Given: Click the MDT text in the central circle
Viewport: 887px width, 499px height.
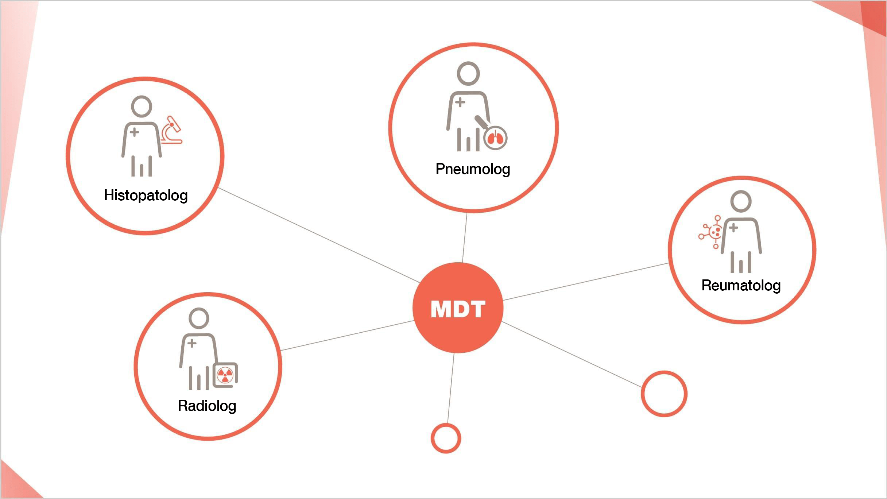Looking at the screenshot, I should [x=458, y=309].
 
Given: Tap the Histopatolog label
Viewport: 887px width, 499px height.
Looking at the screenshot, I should [x=146, y=196].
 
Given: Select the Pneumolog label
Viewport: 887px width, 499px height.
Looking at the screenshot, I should [x=473, y=169].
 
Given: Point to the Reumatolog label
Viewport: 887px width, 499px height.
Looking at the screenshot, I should [x=741, y=286].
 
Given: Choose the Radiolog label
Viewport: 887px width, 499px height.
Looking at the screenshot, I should [x=207, y=406].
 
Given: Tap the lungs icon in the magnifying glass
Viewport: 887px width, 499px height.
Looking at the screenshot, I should [x=495, y=139].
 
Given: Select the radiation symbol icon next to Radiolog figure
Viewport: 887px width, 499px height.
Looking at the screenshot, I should [x=225, y=375].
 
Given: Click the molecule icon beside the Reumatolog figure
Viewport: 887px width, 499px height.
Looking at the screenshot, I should [x=711, y=232].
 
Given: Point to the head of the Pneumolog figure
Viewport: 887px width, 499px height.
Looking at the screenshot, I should [x=468, y=73].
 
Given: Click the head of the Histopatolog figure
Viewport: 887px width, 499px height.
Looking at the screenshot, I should [x=142, y=107].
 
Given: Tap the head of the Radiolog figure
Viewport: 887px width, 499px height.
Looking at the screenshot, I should [x=199, y=318].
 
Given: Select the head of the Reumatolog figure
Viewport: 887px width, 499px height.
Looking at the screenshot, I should [x=741, y=201].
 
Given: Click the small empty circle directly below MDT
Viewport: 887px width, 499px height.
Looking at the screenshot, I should [x=446, y=438].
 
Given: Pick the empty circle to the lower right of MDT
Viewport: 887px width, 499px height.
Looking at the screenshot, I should [x=664, y=394].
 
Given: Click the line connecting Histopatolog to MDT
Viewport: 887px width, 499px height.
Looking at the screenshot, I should [x=319, y=235].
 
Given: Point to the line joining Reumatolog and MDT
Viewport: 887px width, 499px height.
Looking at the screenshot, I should [x=585, y=282].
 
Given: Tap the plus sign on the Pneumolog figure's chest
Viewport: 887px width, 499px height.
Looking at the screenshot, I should [x=460, y=102].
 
